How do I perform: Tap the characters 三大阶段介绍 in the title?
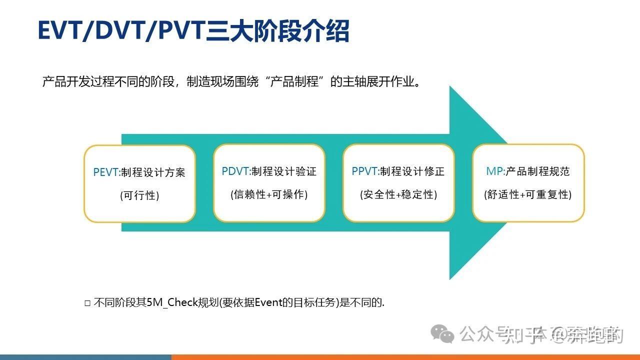[278, 31]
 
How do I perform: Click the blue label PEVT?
[106, 172]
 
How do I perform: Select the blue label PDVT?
[236, 171]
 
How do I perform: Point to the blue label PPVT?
[365, 171]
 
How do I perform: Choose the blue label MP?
[495, 171]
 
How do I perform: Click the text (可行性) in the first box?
[139, 195]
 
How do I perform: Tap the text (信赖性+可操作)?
[269, 194]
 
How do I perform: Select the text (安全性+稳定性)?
[398, 194]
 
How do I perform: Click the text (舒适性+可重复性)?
[528, 194]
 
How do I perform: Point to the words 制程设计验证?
[284, 171]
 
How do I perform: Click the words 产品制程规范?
[537, 171]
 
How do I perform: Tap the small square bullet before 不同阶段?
[87, 303]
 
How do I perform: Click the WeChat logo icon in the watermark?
[443, 333]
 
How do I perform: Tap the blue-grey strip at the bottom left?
[85, 357]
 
